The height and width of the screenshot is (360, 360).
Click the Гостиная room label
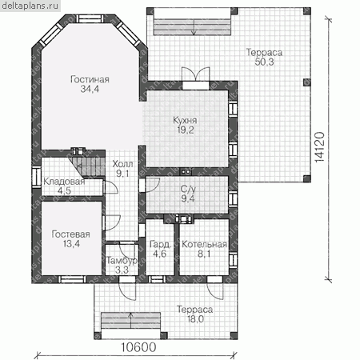pyautogui.click(x=90, y=84)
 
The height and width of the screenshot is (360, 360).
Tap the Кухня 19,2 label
pyautogui.click(x=185, y=125)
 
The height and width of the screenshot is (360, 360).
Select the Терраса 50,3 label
pyautogui.click(x=264, y=57)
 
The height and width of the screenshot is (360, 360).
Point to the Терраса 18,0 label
pyautogui.click(x=195, y=314)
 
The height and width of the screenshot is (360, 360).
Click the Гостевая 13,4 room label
pyautogui.click(x=71, y=239)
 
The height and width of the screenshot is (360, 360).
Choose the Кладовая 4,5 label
pyautogui.click(x=64, y=186)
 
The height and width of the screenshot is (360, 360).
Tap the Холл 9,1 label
pyautogui.click(x=122, y=169)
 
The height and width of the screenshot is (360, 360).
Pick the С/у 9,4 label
pyautogui.click(x=188, y=194)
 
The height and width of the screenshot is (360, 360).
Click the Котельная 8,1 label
pyautogui.click(x=204, y=249)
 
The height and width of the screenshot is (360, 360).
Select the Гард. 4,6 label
pyautogui.click(x=160, y=249)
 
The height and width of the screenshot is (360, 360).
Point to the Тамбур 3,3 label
pyautogui.click(x=122, y=265)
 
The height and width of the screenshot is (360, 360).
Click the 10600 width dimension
pyautogui.click(x=138, y=347)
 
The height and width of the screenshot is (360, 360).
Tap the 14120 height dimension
pyautogui.click(x=319, y=147)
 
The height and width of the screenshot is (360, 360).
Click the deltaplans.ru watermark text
pyautogui.click(x=30, y=6)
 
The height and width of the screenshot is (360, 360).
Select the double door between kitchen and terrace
pyautogui.click(x=195, y=74)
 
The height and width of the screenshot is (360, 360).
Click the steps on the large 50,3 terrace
pyautogui.click(x=192, y=26)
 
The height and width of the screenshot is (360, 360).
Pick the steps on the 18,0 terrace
pyautogui.click(x=130, y=320)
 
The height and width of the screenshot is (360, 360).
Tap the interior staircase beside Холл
pyautogui.click(x=87, y=166)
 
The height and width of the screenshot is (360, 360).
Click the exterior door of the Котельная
pyautogui.click(x=215, y=288)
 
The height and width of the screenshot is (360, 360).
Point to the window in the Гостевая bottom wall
pyautogui.click(x=72, y=279)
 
